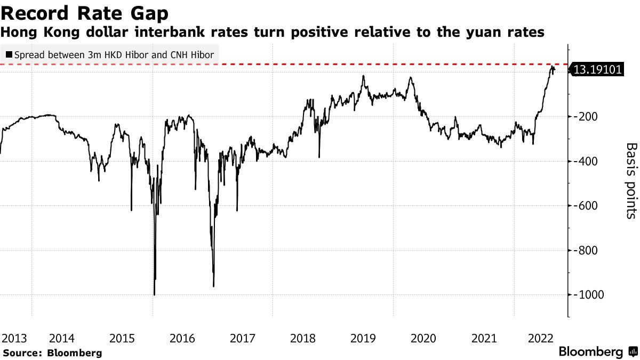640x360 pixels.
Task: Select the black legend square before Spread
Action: [9, 54]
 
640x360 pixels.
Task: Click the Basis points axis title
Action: [631, 180]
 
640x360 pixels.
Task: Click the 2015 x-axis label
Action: [122, 338]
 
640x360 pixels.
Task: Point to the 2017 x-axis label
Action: [243, 338]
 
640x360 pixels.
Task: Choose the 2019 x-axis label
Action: [364, 338]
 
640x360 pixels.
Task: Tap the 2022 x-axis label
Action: [539, 338]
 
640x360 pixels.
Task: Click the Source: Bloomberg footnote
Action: [52, 353]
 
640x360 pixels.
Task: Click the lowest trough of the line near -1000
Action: [154, 294]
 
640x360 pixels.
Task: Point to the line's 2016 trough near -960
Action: [214, 286]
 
